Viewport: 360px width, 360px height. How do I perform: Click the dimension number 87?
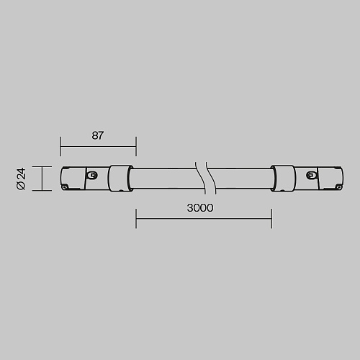(97, 135)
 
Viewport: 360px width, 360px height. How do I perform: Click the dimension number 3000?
(200, 208)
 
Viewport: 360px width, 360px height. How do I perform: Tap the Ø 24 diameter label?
(21, 179)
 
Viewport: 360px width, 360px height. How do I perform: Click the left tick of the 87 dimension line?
(60, 146)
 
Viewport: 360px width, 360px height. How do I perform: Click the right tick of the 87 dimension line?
(136, 146)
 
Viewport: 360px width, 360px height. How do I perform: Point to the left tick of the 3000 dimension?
(136, 218)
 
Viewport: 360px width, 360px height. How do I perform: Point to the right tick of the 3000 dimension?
(271, 218)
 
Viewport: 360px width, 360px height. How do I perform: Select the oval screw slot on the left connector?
(92, 175)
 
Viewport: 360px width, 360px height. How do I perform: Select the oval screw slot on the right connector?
(311, 175)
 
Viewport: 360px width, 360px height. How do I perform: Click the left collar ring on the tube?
(120, 179)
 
